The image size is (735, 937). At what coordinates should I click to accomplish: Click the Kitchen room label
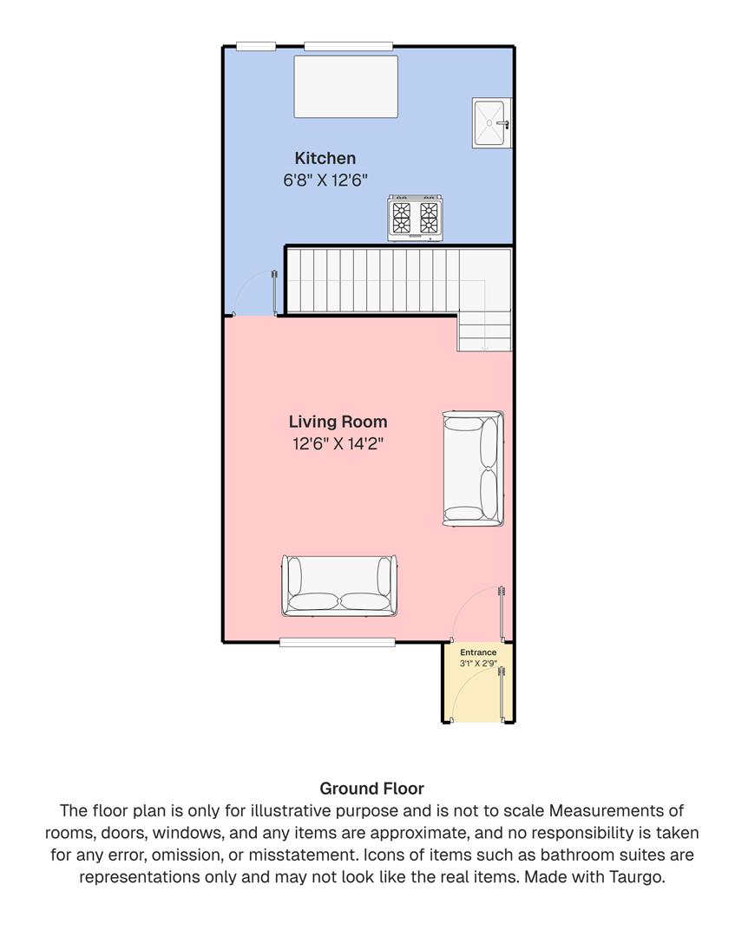click(x=325, y=158)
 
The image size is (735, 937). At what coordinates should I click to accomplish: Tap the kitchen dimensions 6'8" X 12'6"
click(x=325, y=180)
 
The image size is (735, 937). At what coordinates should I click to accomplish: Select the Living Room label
click(x=338, y=422)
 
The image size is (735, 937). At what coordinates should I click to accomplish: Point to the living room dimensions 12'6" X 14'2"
click(x=338, y=444)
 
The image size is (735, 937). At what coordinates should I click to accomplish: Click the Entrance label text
click(x=478, y=652)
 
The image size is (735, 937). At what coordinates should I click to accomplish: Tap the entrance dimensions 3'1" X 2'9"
click(x=478, y=663)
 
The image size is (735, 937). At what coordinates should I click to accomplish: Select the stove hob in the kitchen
click(x=415, y=217)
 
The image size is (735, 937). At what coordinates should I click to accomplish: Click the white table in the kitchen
click(x=345, y=86)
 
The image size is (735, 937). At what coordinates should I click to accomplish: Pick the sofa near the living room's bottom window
click(x=338, y=586)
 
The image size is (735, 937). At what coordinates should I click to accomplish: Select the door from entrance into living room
click(x=501, y=612)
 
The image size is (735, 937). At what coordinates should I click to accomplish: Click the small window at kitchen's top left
click(x=256, y=46)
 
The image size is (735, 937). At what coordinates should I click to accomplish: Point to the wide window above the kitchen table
click(x=348, y=46)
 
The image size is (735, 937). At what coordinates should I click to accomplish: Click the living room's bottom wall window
click(x=338, y=642)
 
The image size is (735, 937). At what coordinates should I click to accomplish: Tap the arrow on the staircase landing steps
click(x=484, y=346)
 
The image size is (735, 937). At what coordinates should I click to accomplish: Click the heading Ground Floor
click(x=371, y=789)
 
